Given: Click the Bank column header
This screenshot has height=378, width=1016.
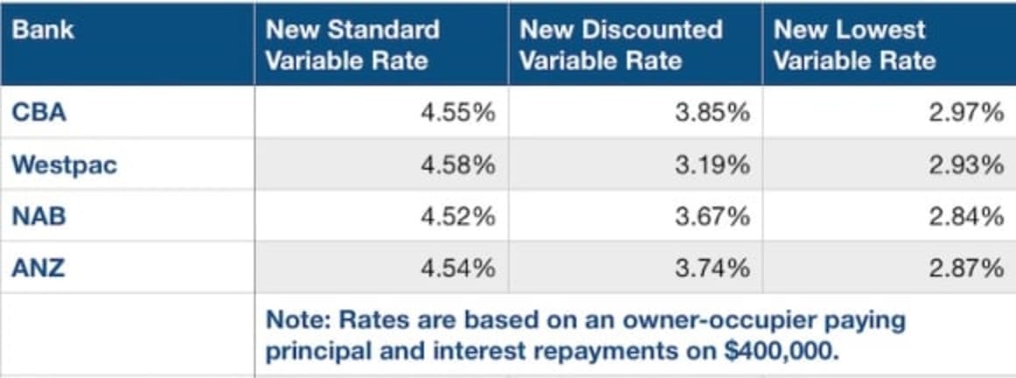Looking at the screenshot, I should pyautogui.click(x=42, y=30).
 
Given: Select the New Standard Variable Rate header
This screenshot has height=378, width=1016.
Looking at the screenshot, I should pyautogui.click(x=352, y=45).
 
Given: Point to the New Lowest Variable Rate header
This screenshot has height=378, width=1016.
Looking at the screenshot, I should pyautogui.click(x=855, y=45).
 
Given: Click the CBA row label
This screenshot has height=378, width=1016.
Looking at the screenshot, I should pyautogui.click(x=39, y=113).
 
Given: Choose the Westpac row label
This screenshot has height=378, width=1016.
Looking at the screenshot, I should pyautogui.click(x=64, y=165).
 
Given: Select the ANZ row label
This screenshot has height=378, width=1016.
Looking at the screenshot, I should pyautogui.click(x=39, y=268).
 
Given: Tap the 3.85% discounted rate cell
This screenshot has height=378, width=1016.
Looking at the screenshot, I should pyautogui.click(x=712, y=113).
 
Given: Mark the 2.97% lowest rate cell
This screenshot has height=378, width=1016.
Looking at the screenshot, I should pyautogui.click(x=966, y=113).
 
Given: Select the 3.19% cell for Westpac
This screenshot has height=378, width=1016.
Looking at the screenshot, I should pyautogui.click(x=712, y=165).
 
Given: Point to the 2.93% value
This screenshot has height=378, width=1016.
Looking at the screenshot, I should pyautogui.click(x=966, y=165).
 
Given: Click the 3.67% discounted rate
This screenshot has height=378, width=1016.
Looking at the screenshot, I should pyautogui.click(x=712, y=216).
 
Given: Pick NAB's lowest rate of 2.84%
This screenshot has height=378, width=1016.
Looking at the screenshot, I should pyautogui.click(x=966, y=216).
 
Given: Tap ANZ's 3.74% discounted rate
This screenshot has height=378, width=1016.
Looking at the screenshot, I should pyautogui.click(x=712, y=268).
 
